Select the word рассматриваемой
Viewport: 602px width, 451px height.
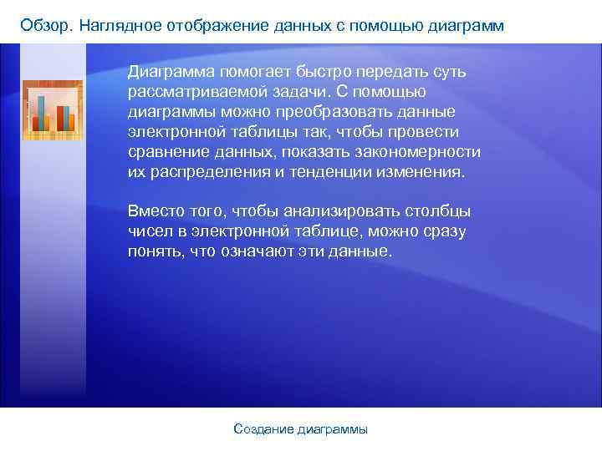pos(193,91)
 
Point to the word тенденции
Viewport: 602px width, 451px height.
pos(314,172)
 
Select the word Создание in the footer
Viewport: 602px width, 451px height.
pos(262,429)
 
